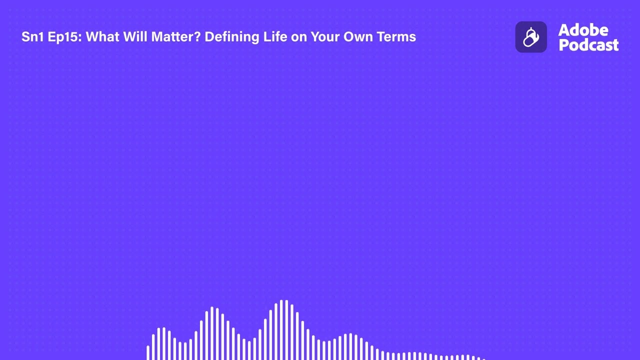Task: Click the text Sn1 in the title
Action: point(32,37)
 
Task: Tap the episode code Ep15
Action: point(63,37)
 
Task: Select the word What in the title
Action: point(102,37)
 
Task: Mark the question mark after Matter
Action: point(197,37)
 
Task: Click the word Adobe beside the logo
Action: point(583,30)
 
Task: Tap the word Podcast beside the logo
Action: point(588,45)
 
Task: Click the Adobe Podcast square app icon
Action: point(531,37)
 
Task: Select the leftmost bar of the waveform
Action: point(148,352)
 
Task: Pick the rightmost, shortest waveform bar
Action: point(483,358)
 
